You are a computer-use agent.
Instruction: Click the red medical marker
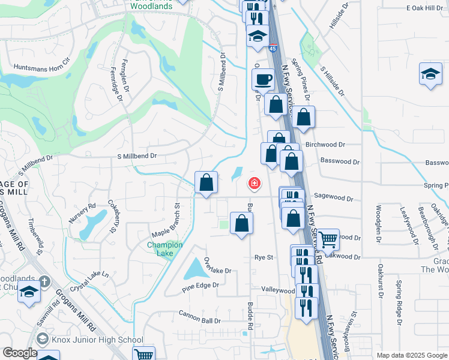(255, 183)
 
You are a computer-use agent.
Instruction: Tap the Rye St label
(264, 257)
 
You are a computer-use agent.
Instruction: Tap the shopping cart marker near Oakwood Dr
(328, 239)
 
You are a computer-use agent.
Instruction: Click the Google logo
(20, 353)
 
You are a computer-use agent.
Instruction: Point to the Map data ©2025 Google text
(412, 355)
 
